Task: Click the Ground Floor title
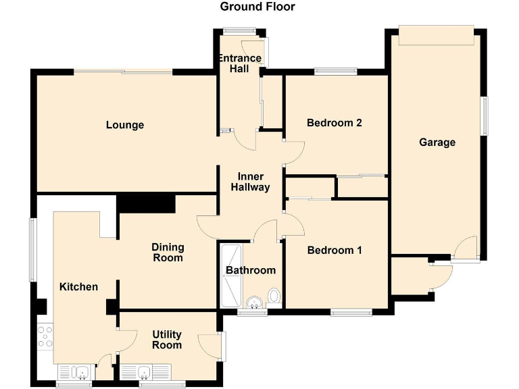257,7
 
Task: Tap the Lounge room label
125,125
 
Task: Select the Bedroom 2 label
334,123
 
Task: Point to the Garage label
437,142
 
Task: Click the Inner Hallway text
250,182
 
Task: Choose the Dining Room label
167,253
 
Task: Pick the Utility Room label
166,340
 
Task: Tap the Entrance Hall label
239,63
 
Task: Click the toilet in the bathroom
274,296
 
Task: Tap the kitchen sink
74,372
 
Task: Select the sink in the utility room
146,372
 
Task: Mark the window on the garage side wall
484,115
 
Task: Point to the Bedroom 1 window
351,312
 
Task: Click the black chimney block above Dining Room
146,203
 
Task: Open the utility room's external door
222,346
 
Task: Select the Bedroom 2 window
336,71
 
